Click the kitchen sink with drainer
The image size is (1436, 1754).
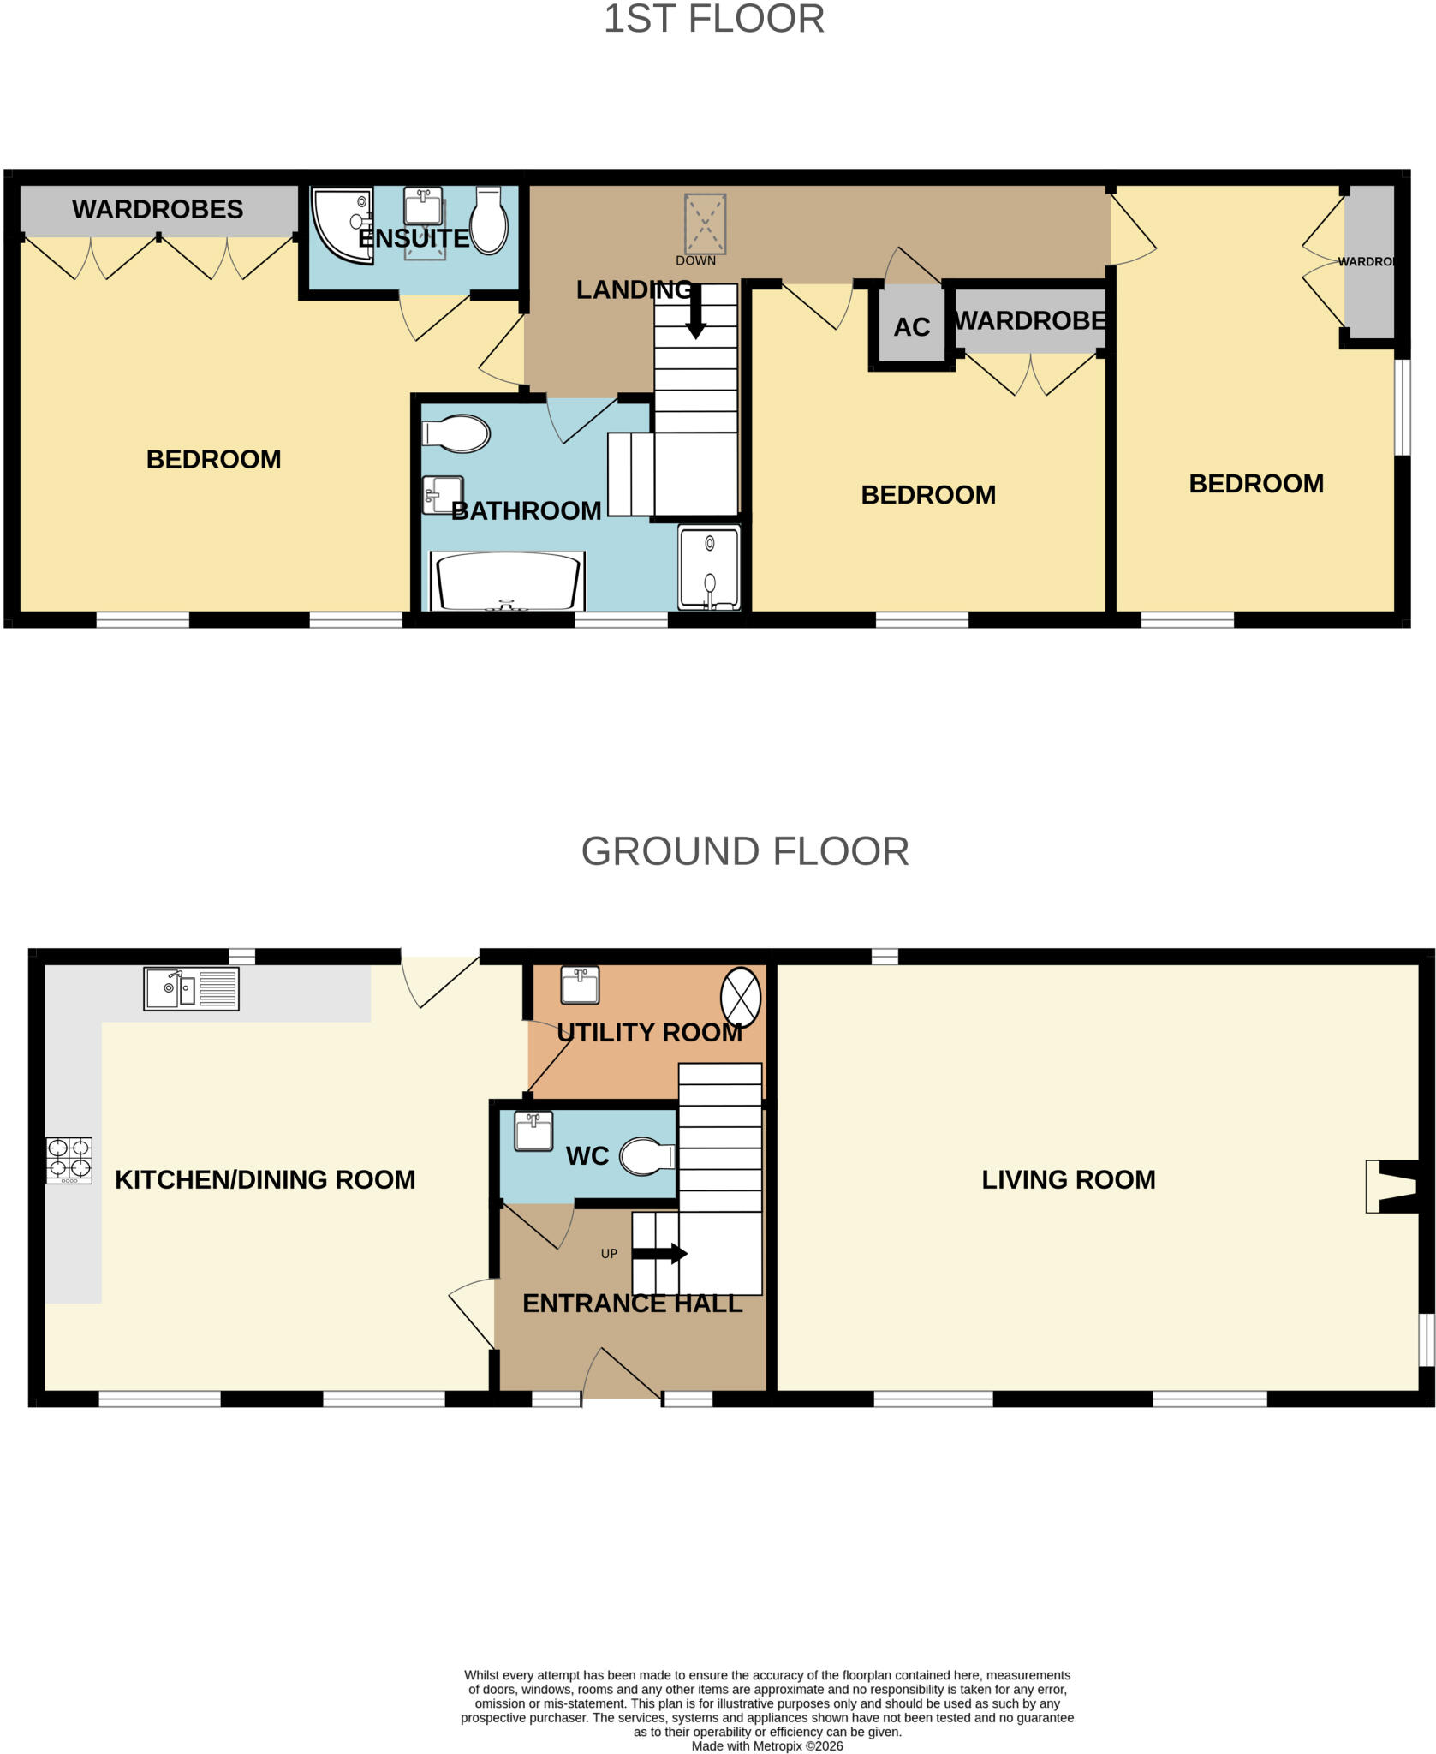(191, 988)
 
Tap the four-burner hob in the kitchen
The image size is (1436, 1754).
(69, 1160)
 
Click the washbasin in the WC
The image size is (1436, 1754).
(533, 1131)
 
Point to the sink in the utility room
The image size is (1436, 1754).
(580, 985)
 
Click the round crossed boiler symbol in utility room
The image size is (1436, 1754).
(741, 997)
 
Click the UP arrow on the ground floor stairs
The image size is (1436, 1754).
(659, 1254)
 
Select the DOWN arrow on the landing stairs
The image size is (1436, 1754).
(695, 312)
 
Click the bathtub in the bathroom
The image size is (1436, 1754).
(507, 581)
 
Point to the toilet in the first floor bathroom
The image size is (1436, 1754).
(456, 434)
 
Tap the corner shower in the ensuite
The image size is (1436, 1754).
(343, 224)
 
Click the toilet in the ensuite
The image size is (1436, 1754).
(489, 220)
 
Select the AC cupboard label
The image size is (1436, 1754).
(912, 327)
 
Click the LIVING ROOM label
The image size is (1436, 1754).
(1068, 1179)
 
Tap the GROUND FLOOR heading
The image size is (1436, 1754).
(745, 851)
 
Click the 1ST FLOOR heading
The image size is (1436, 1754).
(714, 19)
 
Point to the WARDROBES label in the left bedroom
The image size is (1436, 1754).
(158, 209)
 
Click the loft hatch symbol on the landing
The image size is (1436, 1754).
(705, 224)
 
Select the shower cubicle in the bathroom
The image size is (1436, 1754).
(709, 568)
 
